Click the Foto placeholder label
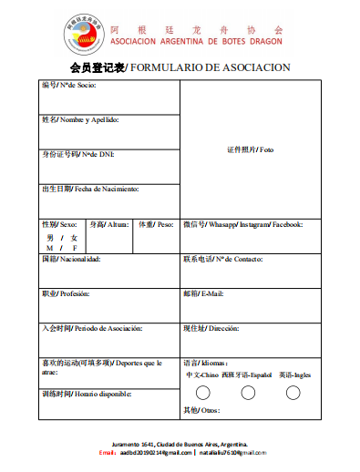pos(250,149)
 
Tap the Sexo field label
pos(59,223)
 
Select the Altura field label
pos(109,223)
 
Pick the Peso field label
pos(155,223)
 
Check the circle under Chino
pos(203,393)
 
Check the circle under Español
pos(248,393)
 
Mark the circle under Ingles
pos(293,393)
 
